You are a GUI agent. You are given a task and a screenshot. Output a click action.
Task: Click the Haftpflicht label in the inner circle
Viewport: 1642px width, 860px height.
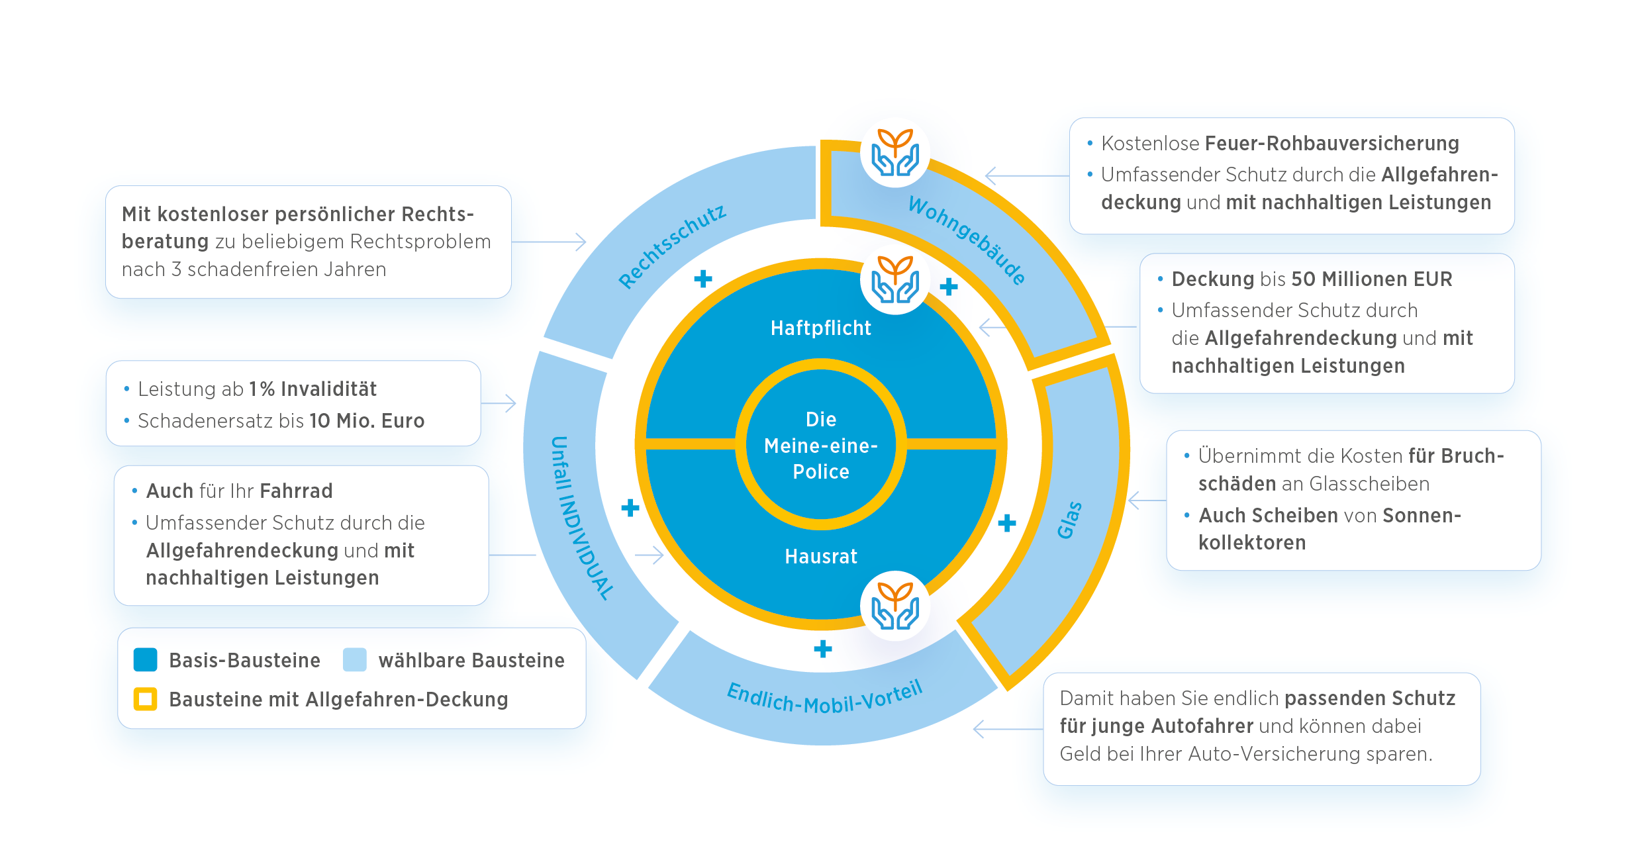820,328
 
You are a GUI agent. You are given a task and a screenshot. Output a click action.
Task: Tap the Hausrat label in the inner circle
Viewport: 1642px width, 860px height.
821,557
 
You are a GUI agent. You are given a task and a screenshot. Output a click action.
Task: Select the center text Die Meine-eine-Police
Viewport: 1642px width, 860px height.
821,446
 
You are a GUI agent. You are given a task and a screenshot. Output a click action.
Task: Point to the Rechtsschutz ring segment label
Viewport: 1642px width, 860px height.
671,246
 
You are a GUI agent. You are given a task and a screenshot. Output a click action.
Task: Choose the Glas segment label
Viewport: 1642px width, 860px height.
1069,520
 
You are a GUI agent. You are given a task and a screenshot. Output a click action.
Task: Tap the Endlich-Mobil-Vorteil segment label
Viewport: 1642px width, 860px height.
824,698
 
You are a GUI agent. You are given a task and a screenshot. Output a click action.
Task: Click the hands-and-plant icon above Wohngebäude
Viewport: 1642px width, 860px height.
895,153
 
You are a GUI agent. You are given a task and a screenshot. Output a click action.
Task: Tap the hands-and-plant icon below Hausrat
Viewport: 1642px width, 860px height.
895,606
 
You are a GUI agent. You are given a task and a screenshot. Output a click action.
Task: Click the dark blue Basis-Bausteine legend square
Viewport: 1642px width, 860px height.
145,660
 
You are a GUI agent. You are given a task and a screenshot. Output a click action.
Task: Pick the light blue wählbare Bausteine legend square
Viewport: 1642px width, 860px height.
355,660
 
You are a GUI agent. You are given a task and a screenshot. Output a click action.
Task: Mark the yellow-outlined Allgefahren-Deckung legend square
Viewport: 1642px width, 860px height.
145,699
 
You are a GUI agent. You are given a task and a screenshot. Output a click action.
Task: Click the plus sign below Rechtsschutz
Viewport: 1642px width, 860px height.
703,279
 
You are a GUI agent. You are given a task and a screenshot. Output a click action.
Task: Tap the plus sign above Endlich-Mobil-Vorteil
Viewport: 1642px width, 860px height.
823,649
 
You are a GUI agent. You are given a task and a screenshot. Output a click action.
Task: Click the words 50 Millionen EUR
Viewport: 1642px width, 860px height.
1371,279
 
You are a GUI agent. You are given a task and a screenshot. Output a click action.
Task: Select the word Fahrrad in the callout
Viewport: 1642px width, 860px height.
296,491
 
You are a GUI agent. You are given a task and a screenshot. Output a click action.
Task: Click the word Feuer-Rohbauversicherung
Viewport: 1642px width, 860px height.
1331,144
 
